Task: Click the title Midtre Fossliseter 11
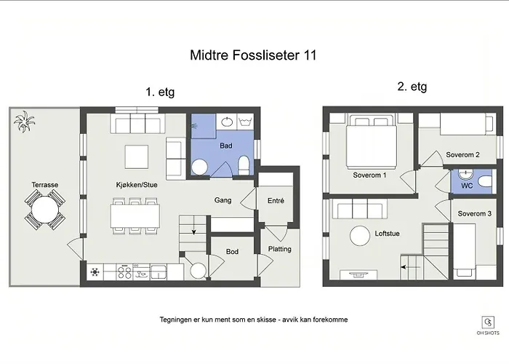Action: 253,55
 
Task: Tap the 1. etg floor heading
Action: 160,92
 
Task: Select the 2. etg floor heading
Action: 412,87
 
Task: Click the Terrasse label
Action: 45,185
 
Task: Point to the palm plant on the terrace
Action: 24,122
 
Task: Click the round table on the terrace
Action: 45,210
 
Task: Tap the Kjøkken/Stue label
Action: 137,185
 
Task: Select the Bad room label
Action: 226,146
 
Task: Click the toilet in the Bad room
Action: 244,165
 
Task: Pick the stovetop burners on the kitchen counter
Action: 124,272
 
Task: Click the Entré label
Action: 276,200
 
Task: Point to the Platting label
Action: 279,249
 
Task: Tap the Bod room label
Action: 232,252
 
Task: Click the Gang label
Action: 223,200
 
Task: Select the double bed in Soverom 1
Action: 372,141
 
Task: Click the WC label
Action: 467,186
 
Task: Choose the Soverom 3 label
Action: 475,213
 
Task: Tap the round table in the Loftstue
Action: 360,236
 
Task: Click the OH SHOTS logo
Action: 488,325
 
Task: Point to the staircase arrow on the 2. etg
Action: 411,267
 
